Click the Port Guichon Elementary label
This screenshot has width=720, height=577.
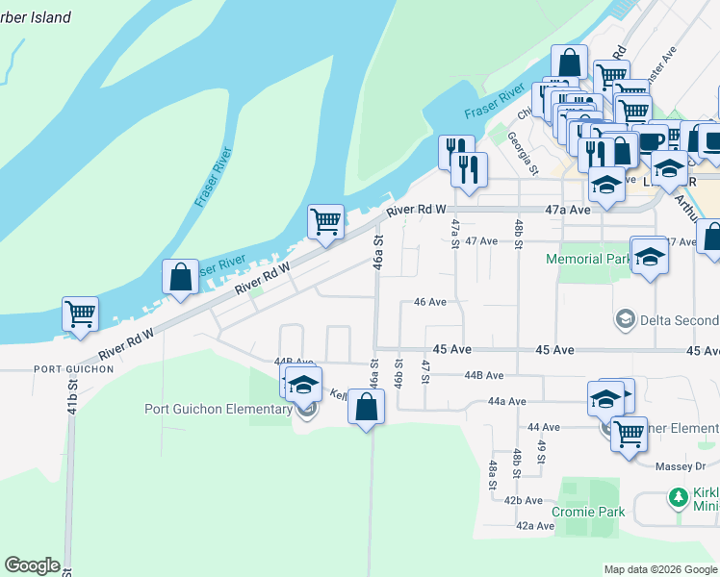[x=219, y=409]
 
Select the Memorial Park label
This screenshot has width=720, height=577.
[x=588, y=259]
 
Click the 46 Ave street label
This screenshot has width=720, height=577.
[x=429, y=302]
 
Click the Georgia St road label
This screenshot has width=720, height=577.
[x=526, y=153]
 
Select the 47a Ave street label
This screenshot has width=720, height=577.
[x=593, y=209]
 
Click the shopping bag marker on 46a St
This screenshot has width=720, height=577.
[x=367, y=407]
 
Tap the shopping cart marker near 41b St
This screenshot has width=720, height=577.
[x=81, y=313]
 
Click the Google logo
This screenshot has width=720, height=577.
[x=32, y=565]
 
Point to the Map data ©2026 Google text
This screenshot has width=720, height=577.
[x=659, y=569]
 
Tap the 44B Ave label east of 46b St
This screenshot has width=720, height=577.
[x=484, y=376]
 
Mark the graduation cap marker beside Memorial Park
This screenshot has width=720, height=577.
[x=650, y=256]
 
